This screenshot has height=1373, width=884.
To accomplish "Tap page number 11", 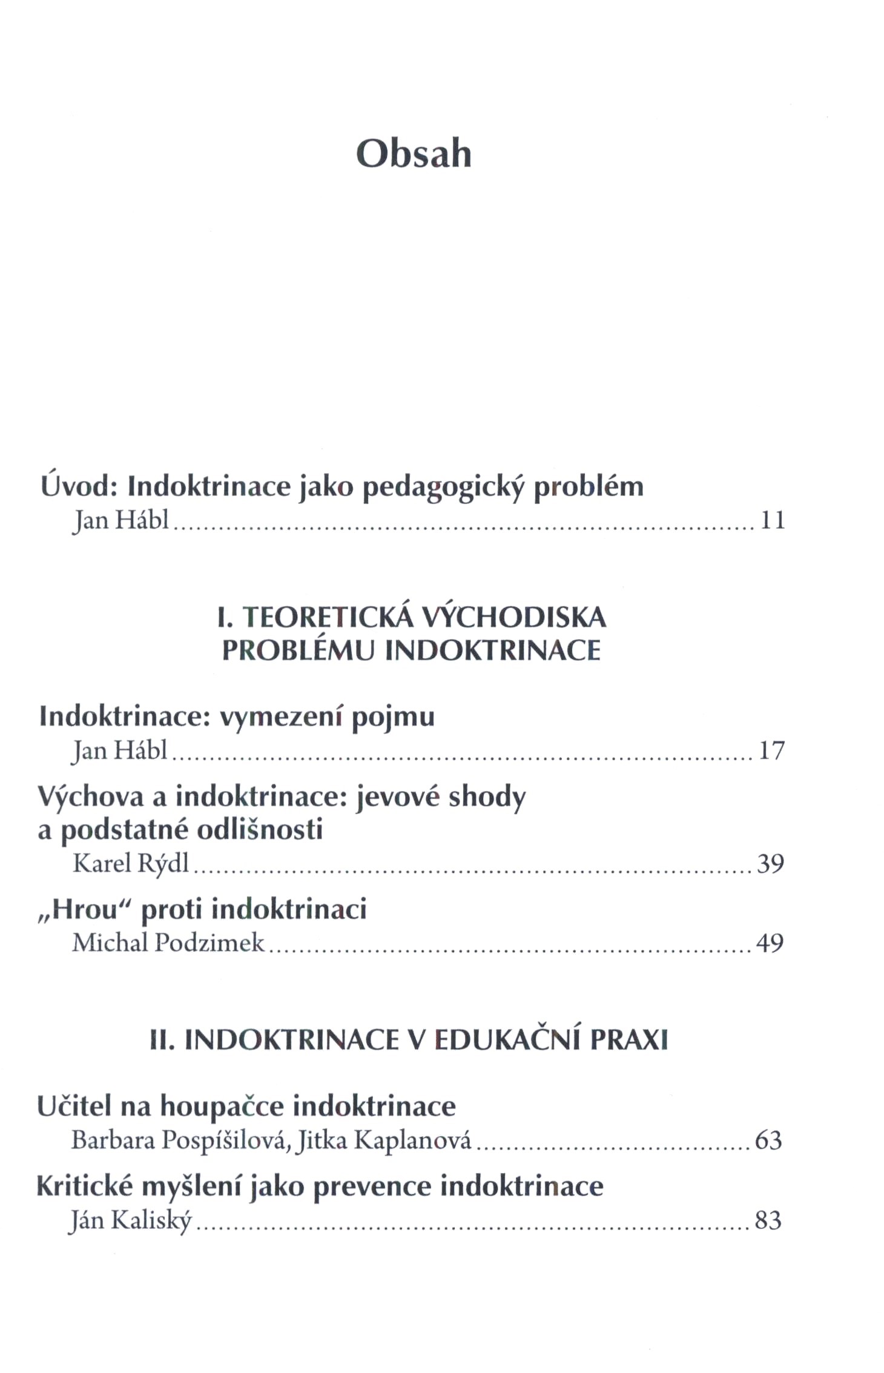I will pos(772,520).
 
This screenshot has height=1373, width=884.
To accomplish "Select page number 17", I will pos(772,750).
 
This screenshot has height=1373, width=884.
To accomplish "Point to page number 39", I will pos(771,863).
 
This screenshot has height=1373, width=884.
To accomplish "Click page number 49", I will pos(770,943).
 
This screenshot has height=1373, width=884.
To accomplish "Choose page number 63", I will pos(768,1140).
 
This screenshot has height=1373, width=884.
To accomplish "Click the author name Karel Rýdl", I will pos(131,863).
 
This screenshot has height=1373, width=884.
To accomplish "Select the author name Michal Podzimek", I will pos(168,943).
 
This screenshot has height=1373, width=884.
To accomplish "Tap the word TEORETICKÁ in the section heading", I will pos(328,618).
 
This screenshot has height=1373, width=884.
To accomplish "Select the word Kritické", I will pos(84,1186).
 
